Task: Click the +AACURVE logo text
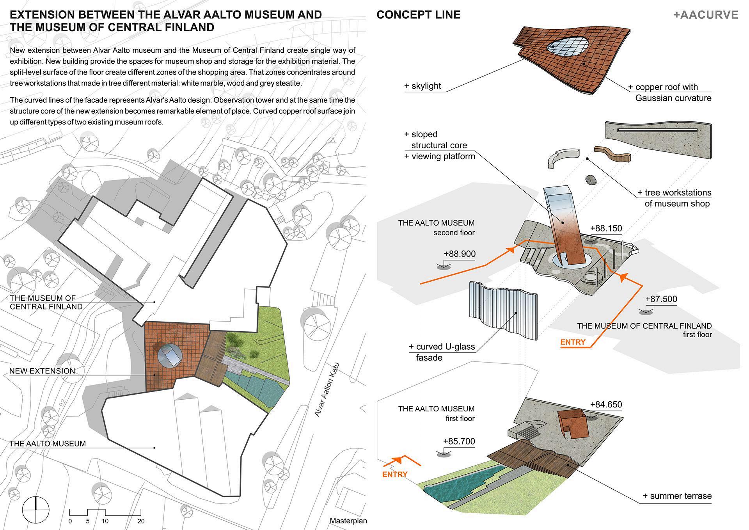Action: tap(706, 15)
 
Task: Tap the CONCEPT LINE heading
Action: tap(418, 15)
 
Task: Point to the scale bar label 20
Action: tap(141, 521)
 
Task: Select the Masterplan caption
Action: tap(348, 521)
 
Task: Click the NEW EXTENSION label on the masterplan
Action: tap(42, 371)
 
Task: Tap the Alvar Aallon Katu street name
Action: tap(327, 390)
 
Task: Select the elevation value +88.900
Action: tap(460, 254)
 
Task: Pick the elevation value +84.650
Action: tap(606, 405)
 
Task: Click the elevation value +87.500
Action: tap(661, 299)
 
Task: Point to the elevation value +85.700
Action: tap(459, 441)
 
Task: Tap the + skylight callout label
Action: tap(423, 86)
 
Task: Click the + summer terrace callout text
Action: tap(677, 496)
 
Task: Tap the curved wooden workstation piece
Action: tap(612, 153)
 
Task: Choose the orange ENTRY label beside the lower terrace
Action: tap(394, 474)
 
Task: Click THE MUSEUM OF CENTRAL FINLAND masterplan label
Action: tap(46, 302)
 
